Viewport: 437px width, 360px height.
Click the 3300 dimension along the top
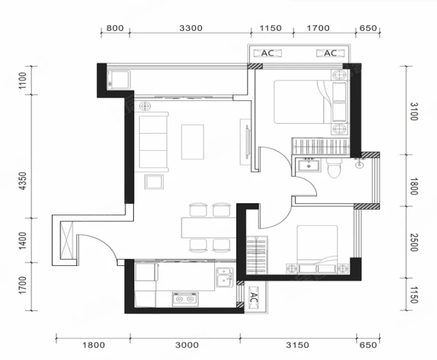click(191, 28)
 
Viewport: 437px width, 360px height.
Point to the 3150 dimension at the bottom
click(298, 345)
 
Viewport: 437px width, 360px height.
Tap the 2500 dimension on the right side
click(415, 242)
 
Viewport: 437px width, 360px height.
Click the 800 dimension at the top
click(115, 28)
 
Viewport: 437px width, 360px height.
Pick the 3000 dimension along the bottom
click(187, 345)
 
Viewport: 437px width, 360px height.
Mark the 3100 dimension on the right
click(415, 112)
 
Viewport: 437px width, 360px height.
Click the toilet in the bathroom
click(334, 168)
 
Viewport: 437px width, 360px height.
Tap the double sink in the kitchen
click(225, 278)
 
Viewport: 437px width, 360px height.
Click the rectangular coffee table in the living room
click(193, 142)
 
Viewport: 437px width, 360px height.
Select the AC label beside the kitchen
click(253, 298)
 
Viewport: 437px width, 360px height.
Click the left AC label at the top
click(267, 53)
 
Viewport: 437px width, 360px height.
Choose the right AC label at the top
click(331, 53)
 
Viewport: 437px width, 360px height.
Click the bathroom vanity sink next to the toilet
click(308, 166)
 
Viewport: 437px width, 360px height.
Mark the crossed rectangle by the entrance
click(67, 240)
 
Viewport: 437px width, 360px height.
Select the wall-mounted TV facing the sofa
click(247, 142)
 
